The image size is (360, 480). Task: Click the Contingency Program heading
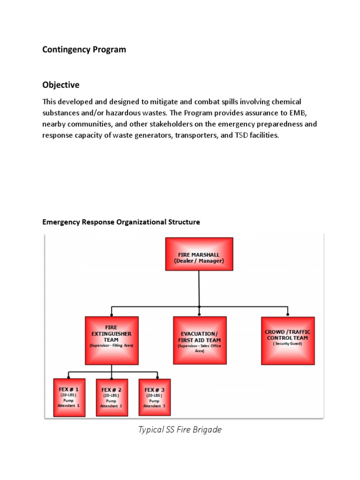(x=84, y=49)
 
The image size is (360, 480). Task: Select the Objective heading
(x=61, y=85)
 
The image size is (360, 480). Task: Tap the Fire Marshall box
(x=199, y=254)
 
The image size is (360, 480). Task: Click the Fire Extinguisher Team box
(x=112, y=340)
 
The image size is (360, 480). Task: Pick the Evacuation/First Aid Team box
(x=200, y=340)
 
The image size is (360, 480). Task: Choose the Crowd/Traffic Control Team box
(x=287, y=340)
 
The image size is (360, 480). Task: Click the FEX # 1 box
(x=69, y=397)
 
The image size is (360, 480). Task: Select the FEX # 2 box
(x=112, y=397)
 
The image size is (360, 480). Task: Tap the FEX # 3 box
(x=155, y=397)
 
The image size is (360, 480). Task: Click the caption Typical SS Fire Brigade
(x=180, y=429)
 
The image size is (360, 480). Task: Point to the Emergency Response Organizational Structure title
(x=121, y=222)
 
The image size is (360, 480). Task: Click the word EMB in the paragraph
(x=297, y=113)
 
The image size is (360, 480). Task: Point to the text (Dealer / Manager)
(x=199, y=261)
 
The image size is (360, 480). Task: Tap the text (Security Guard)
(x=287, y=344)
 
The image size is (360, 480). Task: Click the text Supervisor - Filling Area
(x=112, y=345)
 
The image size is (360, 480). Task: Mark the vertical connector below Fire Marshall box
(x=199, y=288)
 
